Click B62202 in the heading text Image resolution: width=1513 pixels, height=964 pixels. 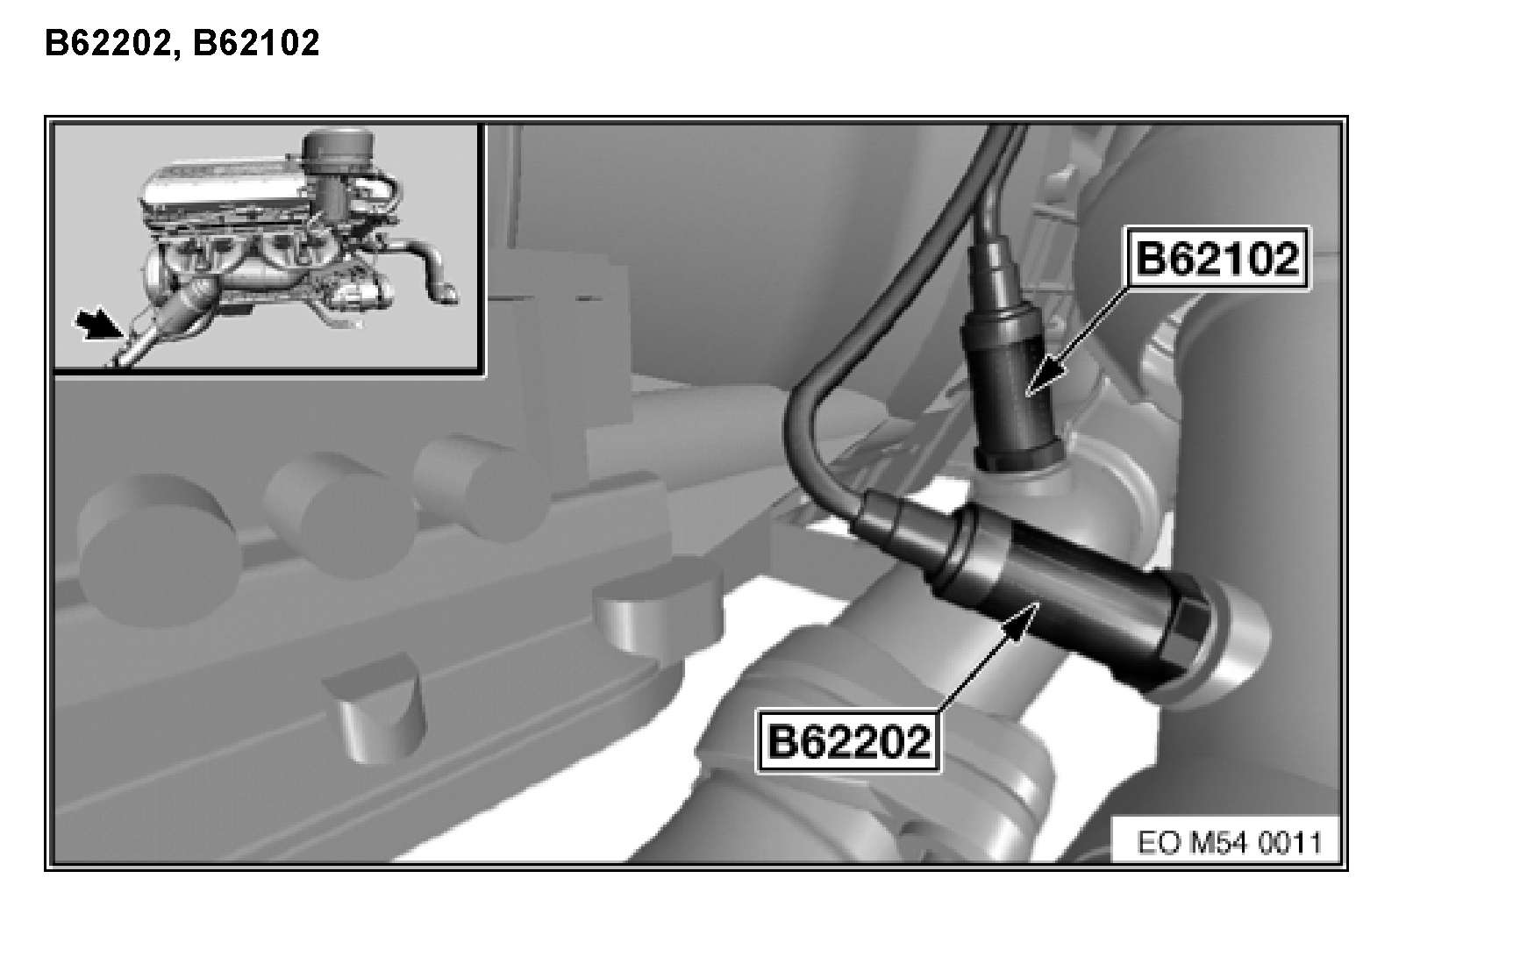105,42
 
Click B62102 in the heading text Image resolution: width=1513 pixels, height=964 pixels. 256,42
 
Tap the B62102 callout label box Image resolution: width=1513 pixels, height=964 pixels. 1217,259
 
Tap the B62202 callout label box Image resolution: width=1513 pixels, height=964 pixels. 848,742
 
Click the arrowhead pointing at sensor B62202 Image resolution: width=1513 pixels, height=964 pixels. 1024,619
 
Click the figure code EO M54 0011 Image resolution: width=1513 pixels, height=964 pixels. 1229,843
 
